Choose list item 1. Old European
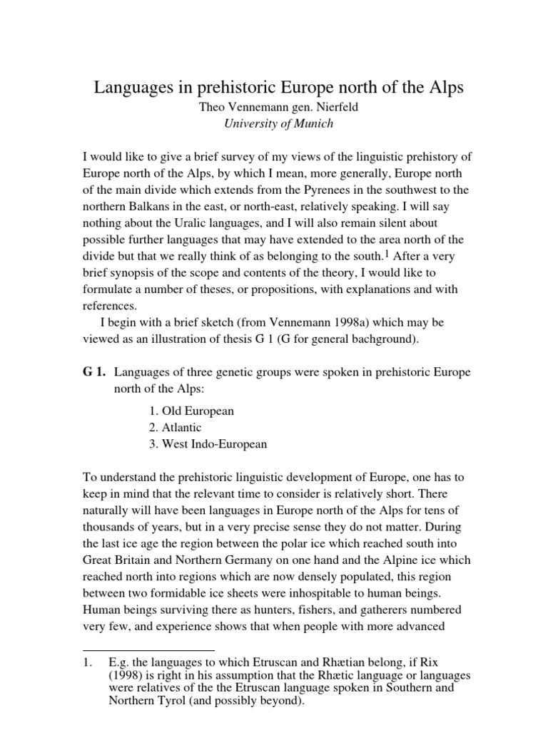point(188,411)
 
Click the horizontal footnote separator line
point(149,650)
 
